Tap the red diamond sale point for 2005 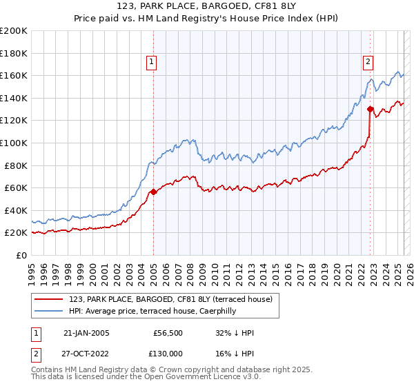(x=153, y=192)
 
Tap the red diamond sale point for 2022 (x=371, y=109)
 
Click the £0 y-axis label (x=21, y=256)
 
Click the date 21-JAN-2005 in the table (x=86, y=333)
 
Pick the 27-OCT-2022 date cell (x=87, y=353)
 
